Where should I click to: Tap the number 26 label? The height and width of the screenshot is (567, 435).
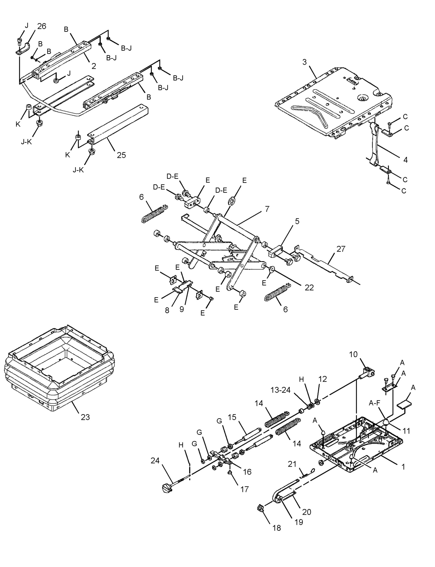coord(42,26)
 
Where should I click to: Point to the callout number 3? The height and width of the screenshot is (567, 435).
coord(305,62)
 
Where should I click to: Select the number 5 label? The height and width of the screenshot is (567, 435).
coord(297,221)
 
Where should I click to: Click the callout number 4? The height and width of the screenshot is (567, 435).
coord(406,160)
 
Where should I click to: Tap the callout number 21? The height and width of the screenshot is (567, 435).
coord(292,464)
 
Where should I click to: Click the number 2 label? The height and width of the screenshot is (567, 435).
coord(94,66)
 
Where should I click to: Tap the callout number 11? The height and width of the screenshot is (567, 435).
coord(406,431)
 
